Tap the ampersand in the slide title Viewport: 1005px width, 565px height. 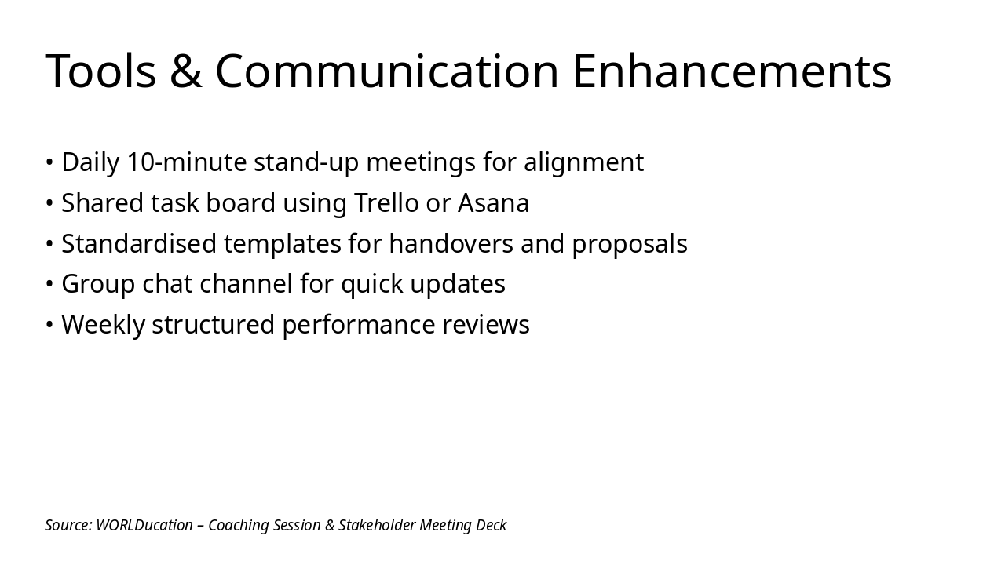point(186,71)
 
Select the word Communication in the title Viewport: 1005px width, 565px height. point(386,71)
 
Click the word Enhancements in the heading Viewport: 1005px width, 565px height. point(732,71)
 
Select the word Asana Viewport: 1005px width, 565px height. point(493,203)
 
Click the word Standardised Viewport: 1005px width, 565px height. point(139,244)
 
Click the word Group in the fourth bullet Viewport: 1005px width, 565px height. point(98,284)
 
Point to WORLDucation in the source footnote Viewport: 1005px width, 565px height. point(144,525)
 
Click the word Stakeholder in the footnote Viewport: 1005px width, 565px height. point(376,525)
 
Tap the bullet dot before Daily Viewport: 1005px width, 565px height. point(49,162)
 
